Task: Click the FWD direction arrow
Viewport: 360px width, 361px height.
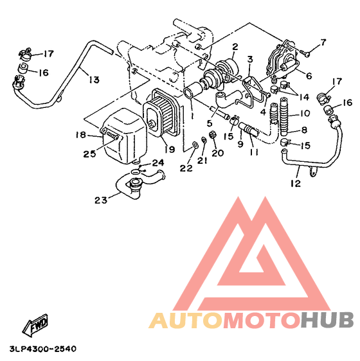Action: [x=35, y=325]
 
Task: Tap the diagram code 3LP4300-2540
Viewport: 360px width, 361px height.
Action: [x=43, y=349]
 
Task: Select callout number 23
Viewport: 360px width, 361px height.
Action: [x=101, y=200]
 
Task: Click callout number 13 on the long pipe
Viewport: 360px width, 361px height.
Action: [x=94, y=80]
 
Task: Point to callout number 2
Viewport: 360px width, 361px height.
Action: [x=235, y=47]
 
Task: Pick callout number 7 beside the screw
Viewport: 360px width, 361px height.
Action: [x=323, y=42]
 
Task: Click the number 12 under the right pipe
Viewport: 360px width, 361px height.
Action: [x=296, y=184]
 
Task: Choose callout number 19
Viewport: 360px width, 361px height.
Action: [x=170, y=150]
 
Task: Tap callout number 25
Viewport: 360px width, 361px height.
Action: [x=89, y=154]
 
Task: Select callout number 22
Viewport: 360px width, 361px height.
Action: [x=186, y=168]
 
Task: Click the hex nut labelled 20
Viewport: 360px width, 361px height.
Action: [x=212, y=134]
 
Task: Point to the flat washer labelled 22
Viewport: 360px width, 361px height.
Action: [x=195, y=145]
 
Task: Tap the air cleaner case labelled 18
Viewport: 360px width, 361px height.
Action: [x=125, y=136]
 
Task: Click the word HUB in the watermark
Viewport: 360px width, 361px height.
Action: [x=327, y=320]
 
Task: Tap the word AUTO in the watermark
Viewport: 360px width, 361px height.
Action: [x=186, y=321]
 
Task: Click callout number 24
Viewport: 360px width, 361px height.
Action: [x=158, y=163]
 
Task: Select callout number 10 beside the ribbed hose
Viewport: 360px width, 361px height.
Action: [x=305, y=113]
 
